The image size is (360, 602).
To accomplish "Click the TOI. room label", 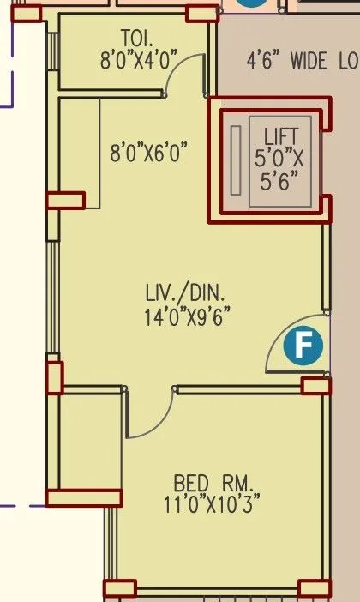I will coord(135,39).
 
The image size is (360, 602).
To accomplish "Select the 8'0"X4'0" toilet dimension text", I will coord(136,59).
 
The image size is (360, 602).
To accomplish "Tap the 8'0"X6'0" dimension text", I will coord(148,154).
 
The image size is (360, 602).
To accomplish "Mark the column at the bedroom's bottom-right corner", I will coord(314,587).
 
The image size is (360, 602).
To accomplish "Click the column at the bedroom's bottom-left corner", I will coord(119,587).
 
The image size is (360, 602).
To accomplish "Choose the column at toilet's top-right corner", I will coord(202,13).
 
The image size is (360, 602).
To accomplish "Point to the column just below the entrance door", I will coord(315,386).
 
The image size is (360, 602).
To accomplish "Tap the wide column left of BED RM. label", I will coord(84,497).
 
